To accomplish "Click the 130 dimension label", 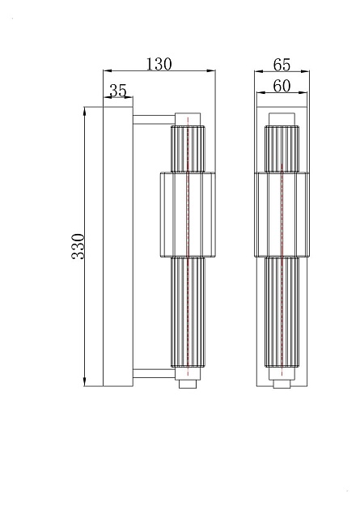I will [x=159, y=64].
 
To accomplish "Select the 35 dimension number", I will [x=118, y=91].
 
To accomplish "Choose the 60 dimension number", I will [x=282, y=87].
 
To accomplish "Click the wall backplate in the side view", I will [x=118, y=246].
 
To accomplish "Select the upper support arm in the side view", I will [x=153, y=120].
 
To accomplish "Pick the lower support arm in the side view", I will [x=153, y=373].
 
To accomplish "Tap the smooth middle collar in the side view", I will [x=188, y=213].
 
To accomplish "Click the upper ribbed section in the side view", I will [x=188, y=148].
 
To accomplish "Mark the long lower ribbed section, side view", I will [x=188, y=312].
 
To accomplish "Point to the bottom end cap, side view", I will [x=188, y=384].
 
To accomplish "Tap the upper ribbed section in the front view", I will [x=282, y=149].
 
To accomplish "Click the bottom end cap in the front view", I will [x=282, y=383].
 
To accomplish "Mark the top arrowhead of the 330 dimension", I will [x=85, y=109].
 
